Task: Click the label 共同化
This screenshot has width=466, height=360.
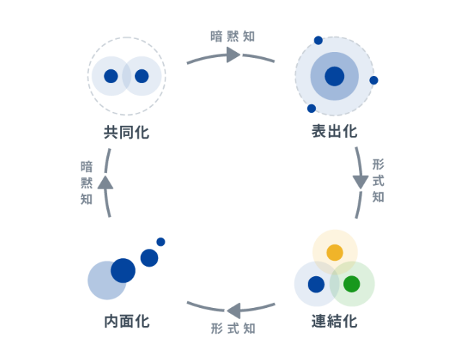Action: pos(126,132)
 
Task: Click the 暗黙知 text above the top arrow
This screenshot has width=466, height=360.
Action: pos(232,35)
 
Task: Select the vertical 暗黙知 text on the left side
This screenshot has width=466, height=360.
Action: pos(87,183)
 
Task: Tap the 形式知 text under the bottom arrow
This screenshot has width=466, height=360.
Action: pos(233,329)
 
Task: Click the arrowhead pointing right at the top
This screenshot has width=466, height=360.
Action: pos(233,55)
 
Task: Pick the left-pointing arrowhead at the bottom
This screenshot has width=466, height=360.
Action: pos(233,311)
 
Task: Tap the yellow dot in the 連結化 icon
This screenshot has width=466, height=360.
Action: pos(335,252)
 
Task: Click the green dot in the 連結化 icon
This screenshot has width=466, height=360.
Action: pos(352,284)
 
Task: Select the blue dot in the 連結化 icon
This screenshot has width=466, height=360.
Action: pos(316,284)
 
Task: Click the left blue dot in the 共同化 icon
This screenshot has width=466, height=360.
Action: pos(111,76)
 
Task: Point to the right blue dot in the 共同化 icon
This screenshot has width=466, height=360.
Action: pos(142,76)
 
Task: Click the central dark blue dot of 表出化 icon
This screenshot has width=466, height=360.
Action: pos(335,76)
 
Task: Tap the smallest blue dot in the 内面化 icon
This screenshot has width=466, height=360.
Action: pos(160,241)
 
